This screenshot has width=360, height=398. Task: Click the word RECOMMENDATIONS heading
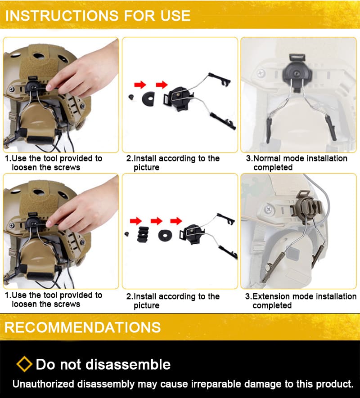point(82,327)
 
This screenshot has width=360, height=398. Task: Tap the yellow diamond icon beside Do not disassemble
point(24,364)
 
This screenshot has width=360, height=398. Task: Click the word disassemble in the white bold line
point(128,364)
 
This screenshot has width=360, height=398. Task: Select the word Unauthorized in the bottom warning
point(43,384)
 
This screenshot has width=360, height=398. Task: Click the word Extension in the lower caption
point(272,296)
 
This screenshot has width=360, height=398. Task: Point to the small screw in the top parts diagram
point(131,97)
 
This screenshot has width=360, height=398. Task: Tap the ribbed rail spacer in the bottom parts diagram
point(143,234)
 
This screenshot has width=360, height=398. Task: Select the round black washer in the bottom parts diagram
point(165,235)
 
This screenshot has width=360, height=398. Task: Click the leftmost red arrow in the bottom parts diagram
point(135,221)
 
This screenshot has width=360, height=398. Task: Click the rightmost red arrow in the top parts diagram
point(162,85)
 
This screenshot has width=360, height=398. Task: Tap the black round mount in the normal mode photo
point(297,73)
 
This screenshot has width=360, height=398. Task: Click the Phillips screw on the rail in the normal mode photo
point(261,74)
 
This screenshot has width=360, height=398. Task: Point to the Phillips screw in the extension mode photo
point(269,210)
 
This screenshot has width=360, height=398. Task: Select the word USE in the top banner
point(175,16)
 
